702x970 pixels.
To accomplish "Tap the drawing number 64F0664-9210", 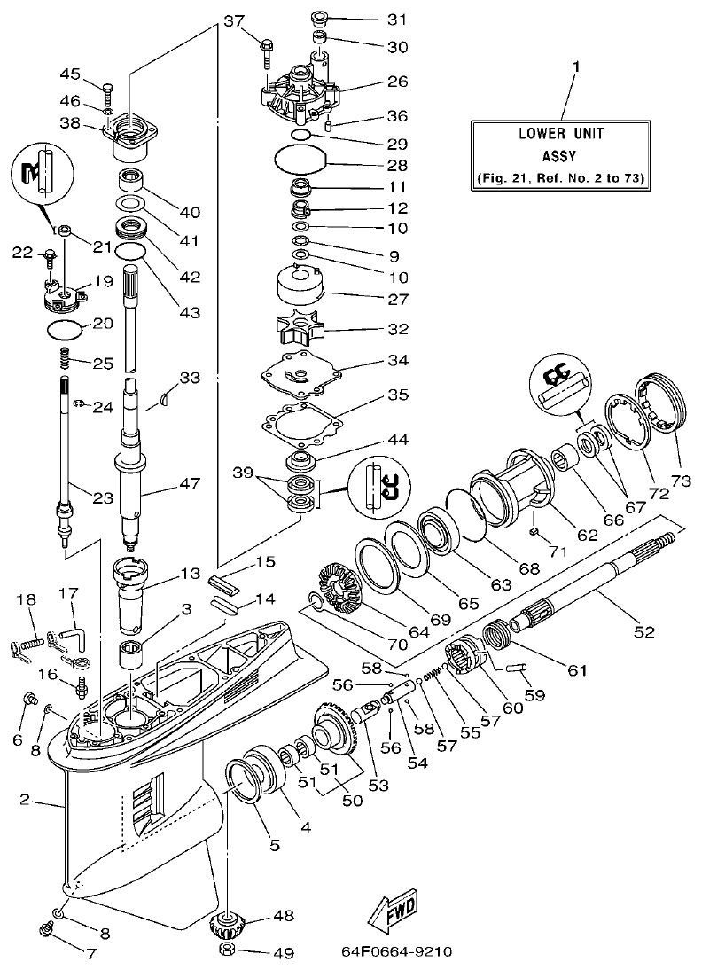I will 396,952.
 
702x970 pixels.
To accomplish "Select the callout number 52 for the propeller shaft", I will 643,631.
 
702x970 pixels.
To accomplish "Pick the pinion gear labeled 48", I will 227,927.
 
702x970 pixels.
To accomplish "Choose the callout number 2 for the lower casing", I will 26,801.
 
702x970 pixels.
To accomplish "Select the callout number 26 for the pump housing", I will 397,81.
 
